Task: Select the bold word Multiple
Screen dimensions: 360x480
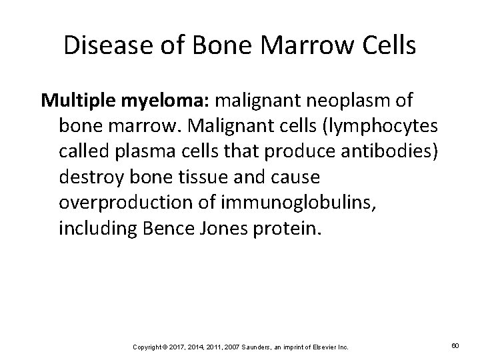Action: coord(71,100)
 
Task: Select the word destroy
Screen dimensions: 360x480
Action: coord(88,177)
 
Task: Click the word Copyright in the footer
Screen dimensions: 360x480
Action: coord(146,347)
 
